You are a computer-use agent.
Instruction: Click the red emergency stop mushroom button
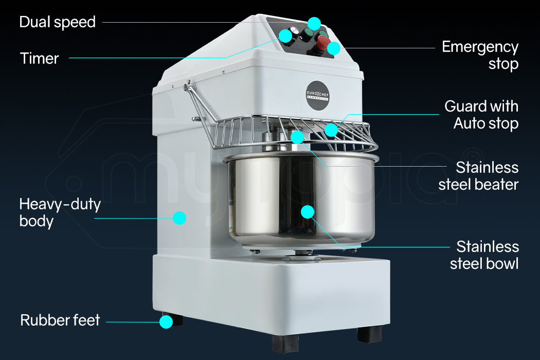tap(323, 41)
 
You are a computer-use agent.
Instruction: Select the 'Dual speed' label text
tap(57, 22)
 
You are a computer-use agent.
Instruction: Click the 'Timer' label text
tap(40, 58)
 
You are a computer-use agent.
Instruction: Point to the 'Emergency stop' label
tap(480, 56)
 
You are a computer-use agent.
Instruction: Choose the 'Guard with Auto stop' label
tap(481, 115)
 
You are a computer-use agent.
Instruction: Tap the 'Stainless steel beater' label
tap(478, 176)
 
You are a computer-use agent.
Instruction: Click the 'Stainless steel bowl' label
tap(484, 255)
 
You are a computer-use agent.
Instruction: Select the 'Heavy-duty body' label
tap(60, 212)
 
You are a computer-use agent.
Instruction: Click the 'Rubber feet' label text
tap(60, 320)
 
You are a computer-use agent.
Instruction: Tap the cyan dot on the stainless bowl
tap(308, 211)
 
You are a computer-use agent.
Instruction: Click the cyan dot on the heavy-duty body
tap(179, 218)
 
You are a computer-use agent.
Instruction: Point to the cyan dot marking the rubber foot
tap(166, 322)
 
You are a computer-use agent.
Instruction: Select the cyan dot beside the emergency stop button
tap(334, 48)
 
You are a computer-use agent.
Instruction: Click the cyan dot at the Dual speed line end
tap(314, 23)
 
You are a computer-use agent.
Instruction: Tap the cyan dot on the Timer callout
tap(284, 36)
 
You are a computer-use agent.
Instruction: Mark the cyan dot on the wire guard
tap(331, 130)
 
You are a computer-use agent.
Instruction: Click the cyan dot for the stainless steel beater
tap(297, 137)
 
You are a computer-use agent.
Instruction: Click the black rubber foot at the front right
tap(369, 334)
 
